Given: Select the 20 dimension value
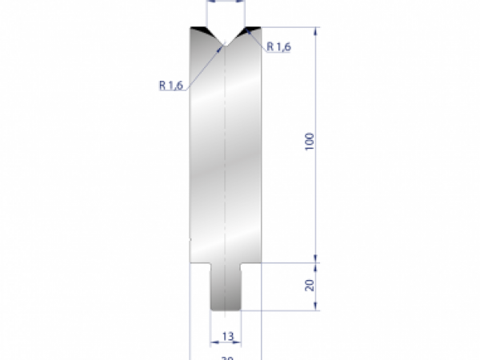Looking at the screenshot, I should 310,285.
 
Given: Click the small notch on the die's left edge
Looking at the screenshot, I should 190,238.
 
